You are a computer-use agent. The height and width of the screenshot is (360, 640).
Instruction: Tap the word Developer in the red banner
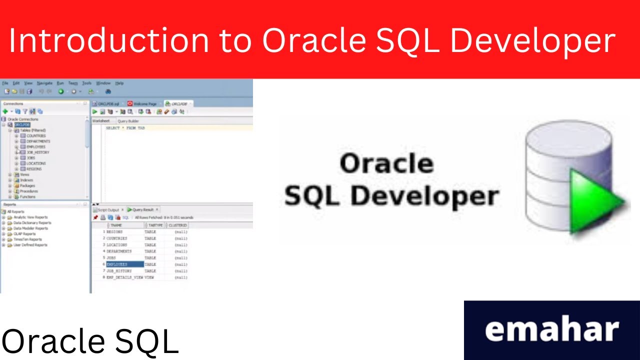[532, 41]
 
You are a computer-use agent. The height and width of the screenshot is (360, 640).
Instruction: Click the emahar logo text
[552, 330]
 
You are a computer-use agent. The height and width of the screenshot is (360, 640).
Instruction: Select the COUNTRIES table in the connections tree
[36, 136]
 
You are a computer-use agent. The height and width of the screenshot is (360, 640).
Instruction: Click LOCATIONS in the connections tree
[36, 163]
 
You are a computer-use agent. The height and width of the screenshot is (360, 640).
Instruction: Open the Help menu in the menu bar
[119, 83]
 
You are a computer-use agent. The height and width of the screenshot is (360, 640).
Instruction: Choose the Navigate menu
[44, 83]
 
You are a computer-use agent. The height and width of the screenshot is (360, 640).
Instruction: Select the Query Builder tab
[128, 121]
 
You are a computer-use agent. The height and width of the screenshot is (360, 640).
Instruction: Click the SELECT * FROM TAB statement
[125, 128]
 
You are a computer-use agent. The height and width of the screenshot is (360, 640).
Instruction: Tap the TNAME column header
[116, 225]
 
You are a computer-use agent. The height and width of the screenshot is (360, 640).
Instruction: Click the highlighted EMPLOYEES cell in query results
[124, 264]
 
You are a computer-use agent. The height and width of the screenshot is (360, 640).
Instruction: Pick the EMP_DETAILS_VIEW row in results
[124, 277]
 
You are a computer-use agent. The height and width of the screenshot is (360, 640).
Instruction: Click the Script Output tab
[107, 210]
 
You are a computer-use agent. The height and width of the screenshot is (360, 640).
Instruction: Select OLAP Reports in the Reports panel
[24, 234]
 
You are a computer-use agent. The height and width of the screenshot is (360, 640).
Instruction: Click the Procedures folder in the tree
[28, 191]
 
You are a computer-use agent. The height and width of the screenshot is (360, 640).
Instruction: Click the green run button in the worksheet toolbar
[95, 112]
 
